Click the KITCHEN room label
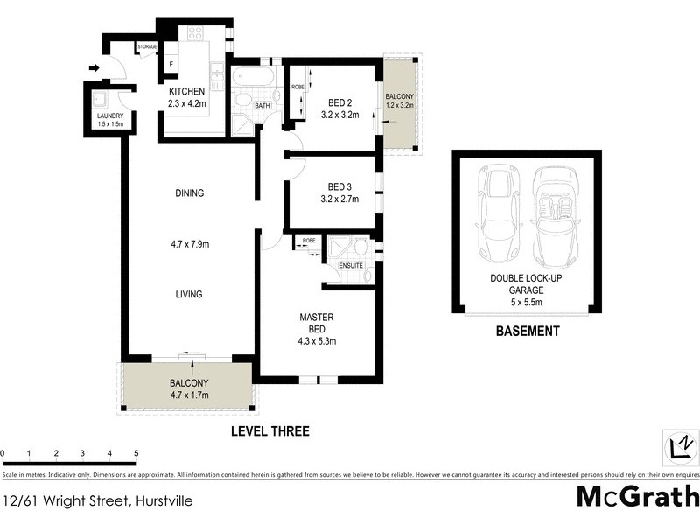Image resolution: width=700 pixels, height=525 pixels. pyautogui.click(x=186, y=92)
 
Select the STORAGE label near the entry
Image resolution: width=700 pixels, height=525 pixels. pyautogui.click(x=146, y=47)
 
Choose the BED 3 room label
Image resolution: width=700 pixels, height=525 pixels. pyautogui.click(x=339, y=186)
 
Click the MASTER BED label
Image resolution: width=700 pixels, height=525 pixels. pyautogui.click(x=317, y=322)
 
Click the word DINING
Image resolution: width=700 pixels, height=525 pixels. pyautogui.click(x=188, y=193)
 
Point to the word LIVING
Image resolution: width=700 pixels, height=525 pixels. pyautogui.click(x=188, y=295)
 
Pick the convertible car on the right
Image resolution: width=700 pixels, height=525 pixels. pyautogui.click(x=553, y=215)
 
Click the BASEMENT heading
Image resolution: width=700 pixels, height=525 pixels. pyautogui.click(x=527, y=332)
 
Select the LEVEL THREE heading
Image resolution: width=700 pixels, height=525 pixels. pyautogui.click(x=269, y=431)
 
